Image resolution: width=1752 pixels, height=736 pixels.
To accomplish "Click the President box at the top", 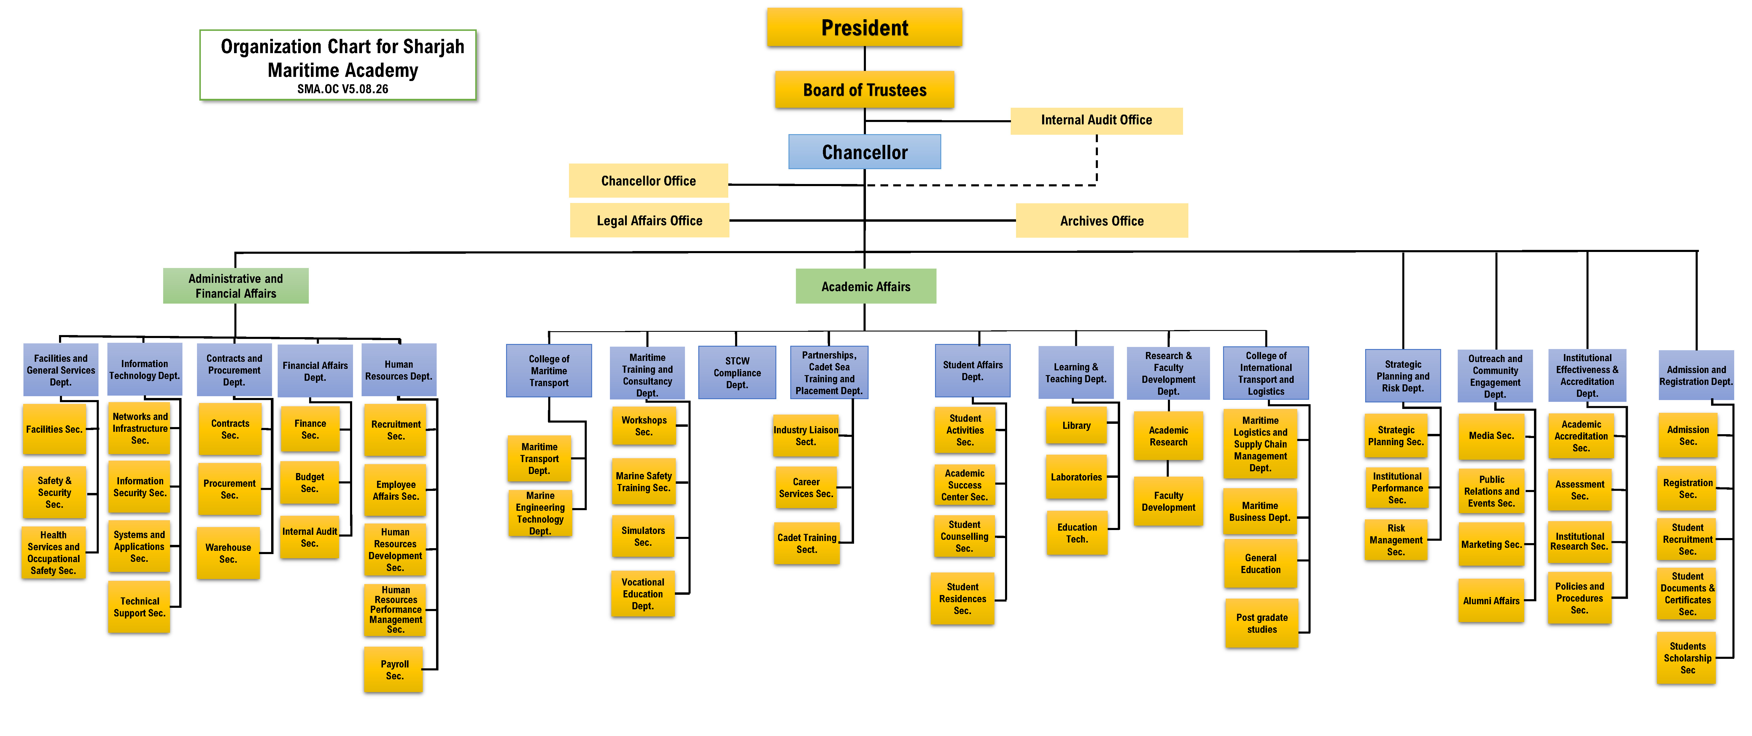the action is click(864, 27).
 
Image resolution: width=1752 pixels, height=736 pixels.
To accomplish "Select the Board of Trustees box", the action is click(864, 90).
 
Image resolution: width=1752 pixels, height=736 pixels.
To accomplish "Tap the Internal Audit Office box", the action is click(1096, 120).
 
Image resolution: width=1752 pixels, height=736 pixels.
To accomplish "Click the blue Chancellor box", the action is click(864, 152).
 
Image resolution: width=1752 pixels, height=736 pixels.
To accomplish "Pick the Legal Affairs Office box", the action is click(650, 221).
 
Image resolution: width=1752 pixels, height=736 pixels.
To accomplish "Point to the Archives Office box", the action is click(1102, 221).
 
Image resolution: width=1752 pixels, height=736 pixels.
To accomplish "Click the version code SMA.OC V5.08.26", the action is click(343, 89).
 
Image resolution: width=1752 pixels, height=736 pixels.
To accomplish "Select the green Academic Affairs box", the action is click(866, 286).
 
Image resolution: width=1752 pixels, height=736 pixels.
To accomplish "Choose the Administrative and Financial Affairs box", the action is click(235, 286).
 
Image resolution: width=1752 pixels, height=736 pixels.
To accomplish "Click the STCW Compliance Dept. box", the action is click(737, 373).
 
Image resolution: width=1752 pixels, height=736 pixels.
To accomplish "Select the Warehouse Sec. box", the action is click(228, 553).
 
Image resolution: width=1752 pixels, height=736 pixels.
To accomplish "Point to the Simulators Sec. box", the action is click(643, 536).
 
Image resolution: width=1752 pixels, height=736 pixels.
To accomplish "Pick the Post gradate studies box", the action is click(1262, 623).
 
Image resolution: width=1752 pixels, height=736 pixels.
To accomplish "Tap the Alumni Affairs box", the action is click(1492, 601).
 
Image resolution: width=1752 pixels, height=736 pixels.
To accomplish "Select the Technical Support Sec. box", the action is click(139, 607).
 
